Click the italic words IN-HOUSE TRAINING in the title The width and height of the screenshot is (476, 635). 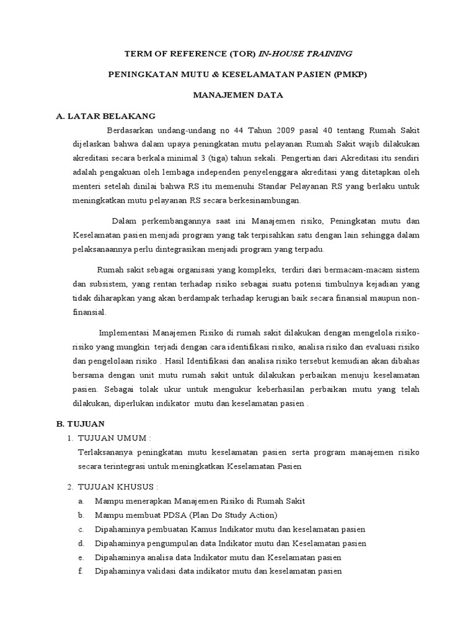301,54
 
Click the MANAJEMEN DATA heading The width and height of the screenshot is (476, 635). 238,95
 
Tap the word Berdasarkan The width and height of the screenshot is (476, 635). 134,130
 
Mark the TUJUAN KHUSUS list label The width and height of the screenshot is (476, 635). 117,486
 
